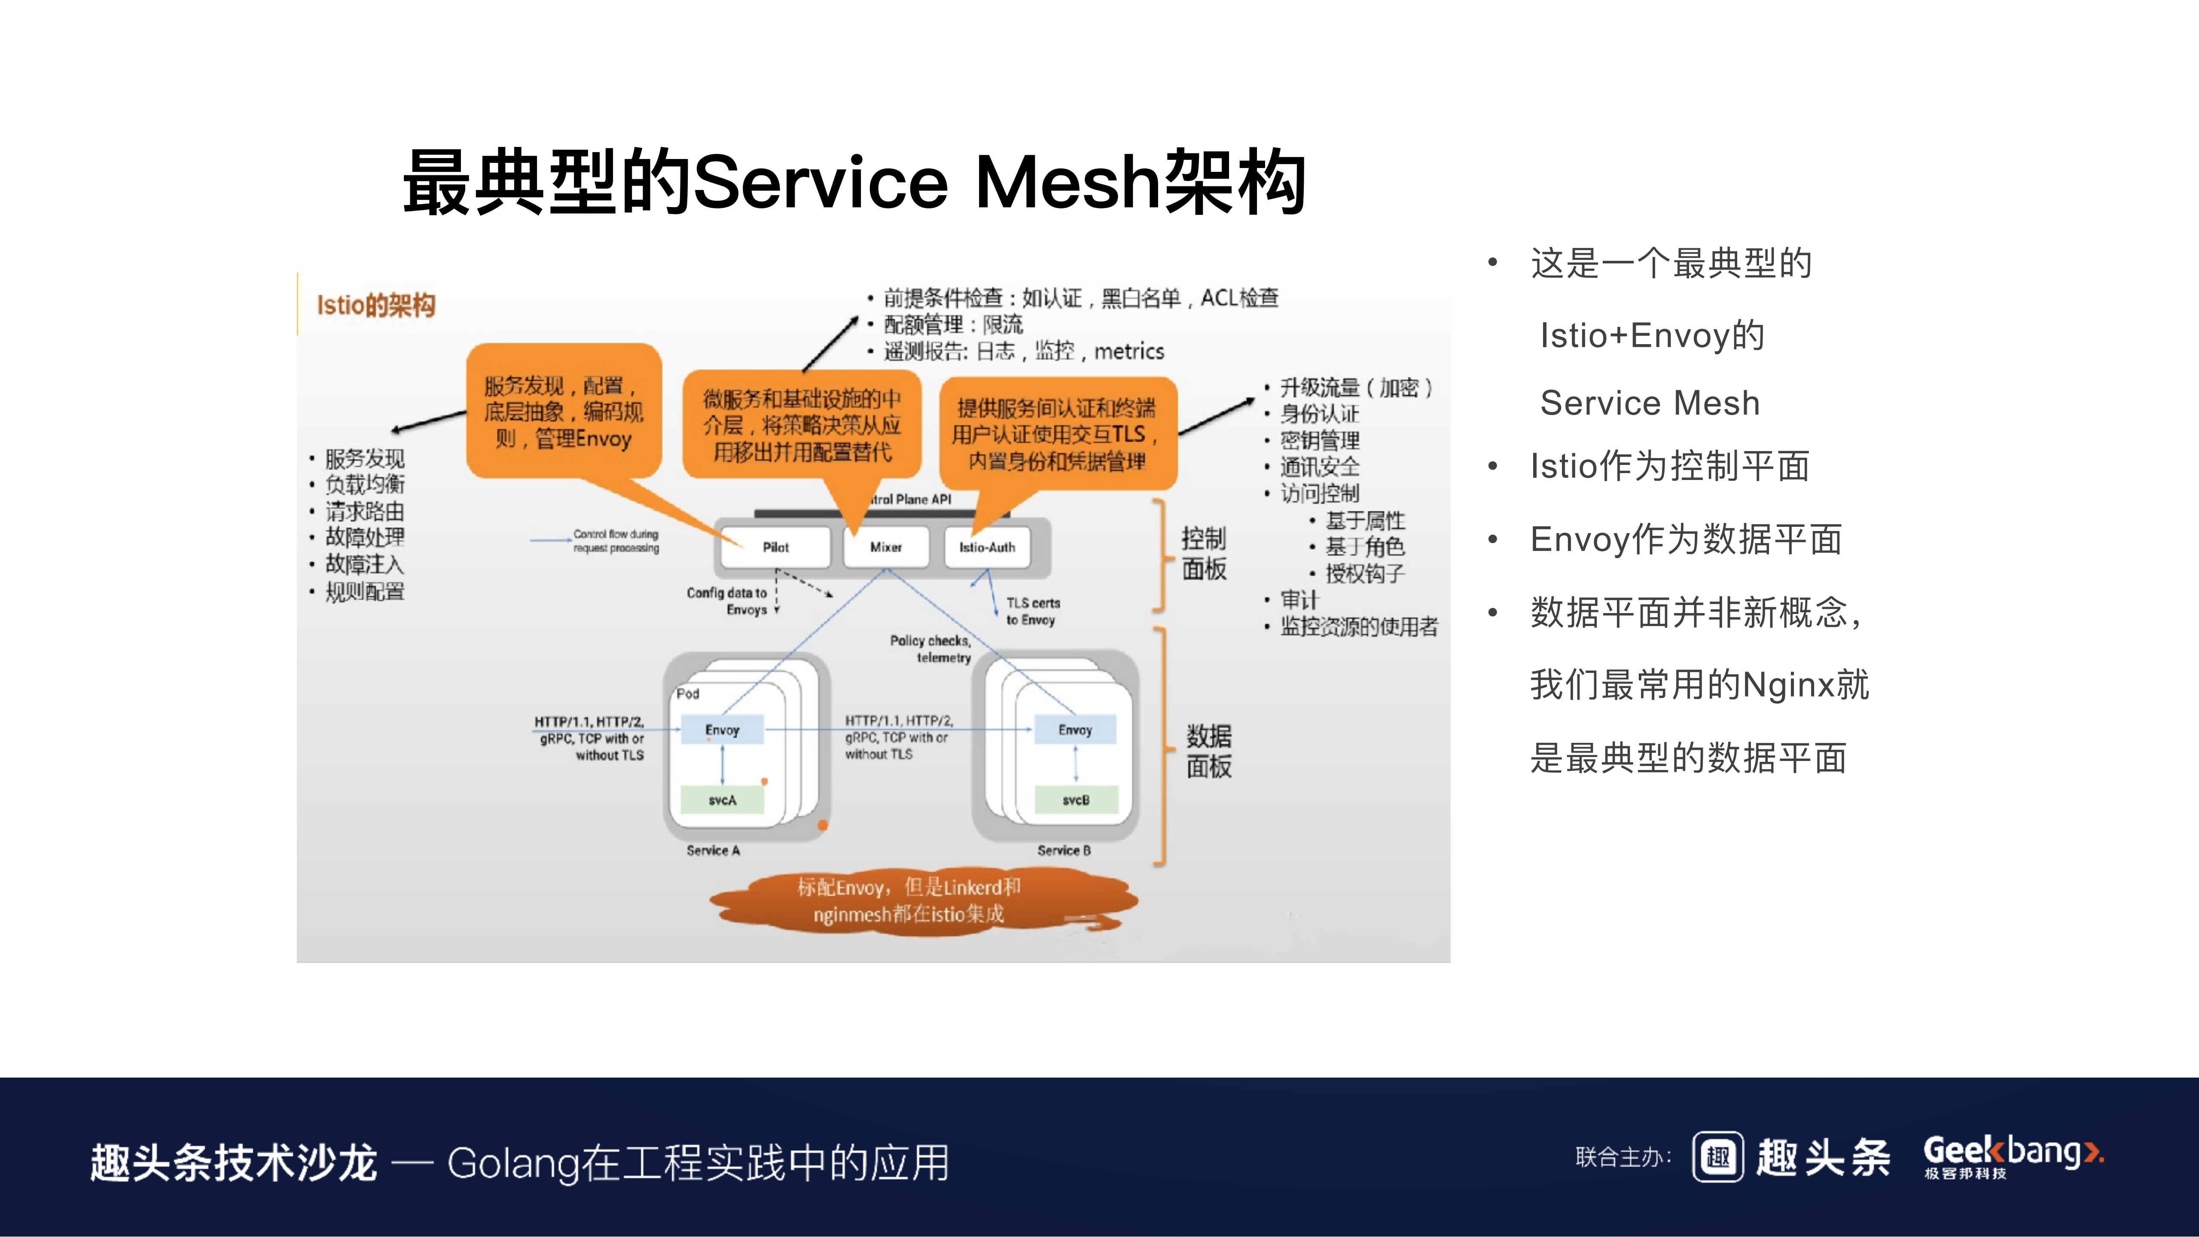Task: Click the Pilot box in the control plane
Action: tap(775, 547)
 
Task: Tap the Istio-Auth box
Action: tap(987, 547)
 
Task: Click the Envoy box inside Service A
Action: tap(722, 730)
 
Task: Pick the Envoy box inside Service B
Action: tap(1075, 730)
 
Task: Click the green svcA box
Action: tap(722, 800)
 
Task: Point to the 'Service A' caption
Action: tap(713, 850)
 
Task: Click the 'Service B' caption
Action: tap(1064, 850)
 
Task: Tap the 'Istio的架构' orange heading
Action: tap(375, 305)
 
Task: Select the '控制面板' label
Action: tap(1204, 553)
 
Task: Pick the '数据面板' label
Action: tap(1209, 751)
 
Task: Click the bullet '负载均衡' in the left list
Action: tap(365, 485)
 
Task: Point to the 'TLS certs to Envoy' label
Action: tap(1032, 611)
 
